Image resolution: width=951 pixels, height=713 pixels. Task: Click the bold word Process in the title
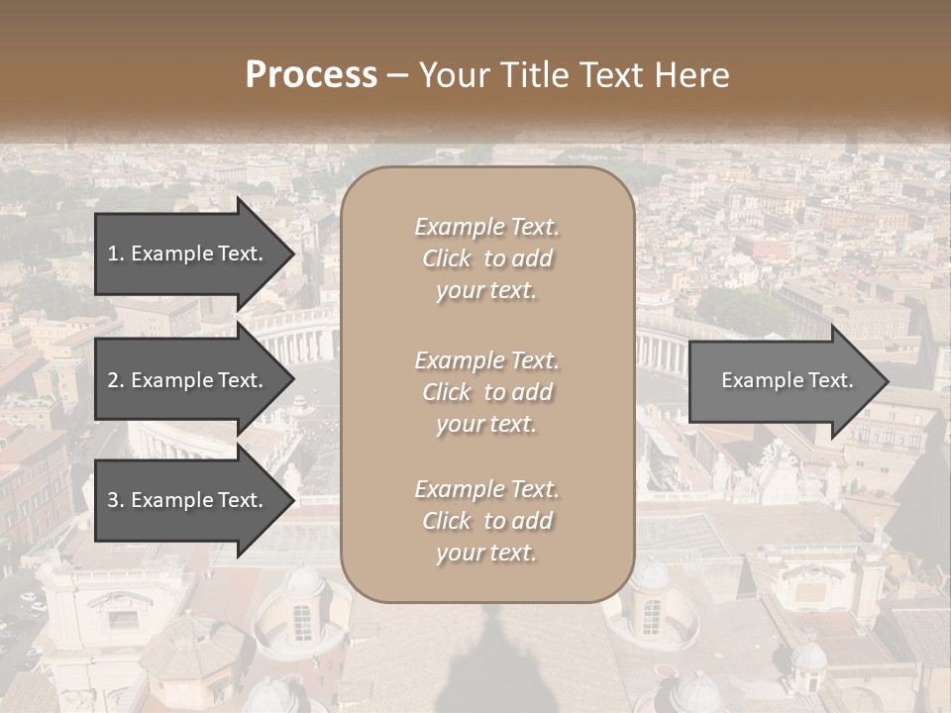(311, 75)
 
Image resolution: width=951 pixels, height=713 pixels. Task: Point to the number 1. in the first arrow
(116, 254)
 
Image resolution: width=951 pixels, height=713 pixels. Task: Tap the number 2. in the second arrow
(116, 380)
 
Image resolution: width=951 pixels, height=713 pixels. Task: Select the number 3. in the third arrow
(116, 500)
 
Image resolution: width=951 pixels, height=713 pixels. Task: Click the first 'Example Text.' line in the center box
(486, 227)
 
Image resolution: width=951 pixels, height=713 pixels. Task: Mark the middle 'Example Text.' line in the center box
(486, 360)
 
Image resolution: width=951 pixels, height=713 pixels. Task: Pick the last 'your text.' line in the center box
(486, 554)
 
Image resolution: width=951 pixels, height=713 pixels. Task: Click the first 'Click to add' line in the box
(486, 258)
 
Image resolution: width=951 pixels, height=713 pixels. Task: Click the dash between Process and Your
(398, 75)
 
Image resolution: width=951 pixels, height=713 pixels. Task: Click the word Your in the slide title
(453, 75)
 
